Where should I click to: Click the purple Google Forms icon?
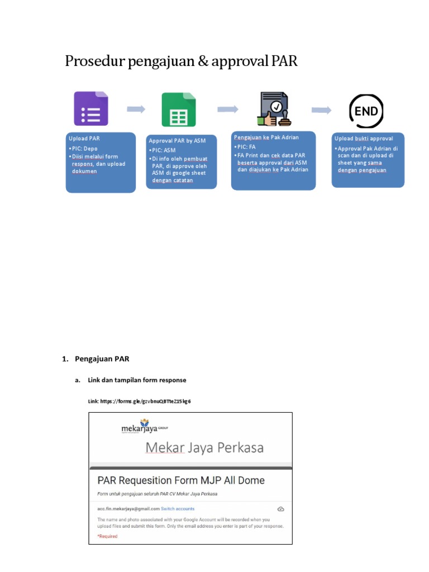(x=91, y=108)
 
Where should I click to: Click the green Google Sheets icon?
(x=179, y=109)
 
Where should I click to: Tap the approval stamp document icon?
(x=273, y=108)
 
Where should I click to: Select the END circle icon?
(x=366, y=111)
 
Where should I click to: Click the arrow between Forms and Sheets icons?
(x=136, y=109)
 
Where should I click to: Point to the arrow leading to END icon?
(x=321, y=110)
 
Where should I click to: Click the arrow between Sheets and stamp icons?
(x=228, y=109)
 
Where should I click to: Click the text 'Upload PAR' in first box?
(x=84, y=138)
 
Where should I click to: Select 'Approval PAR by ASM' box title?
(x=177, y=141)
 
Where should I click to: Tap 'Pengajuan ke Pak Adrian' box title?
(x=266, y=137)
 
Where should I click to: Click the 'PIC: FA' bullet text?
(x=246, y=146)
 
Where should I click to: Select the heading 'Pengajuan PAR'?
(x=102, y=359)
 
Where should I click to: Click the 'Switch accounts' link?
(x=178, y=509)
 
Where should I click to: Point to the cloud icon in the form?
(x=281, y=509)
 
